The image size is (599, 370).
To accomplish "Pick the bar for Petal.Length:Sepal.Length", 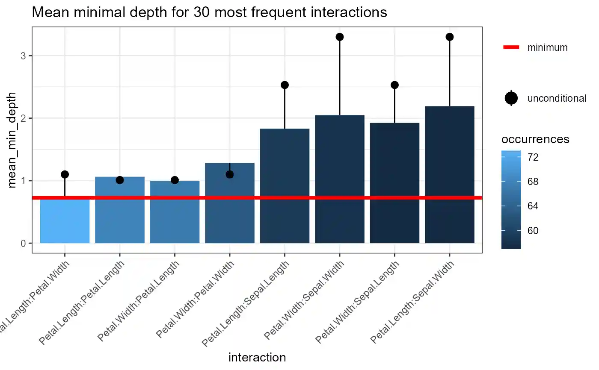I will pos(285,185).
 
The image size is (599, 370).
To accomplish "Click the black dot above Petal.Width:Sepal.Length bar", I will pos(394,85).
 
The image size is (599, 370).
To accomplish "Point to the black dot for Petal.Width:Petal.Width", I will pos(230,174).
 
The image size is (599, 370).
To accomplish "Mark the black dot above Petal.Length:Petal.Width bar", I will pos(65,174).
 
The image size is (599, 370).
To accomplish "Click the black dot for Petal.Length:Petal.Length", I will pos(120,180).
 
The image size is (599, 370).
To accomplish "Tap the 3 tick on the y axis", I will pos(24,56).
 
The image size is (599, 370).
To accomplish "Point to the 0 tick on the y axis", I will pos(24,244).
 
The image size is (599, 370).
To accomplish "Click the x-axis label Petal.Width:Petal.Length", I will pos(139,300).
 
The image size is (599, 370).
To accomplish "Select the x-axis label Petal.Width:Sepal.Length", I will pos(358,301).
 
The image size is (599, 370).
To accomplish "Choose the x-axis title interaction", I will pos(257,358).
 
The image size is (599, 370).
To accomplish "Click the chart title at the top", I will pos(209,13).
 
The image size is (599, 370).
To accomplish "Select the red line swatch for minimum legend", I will pos(511,47).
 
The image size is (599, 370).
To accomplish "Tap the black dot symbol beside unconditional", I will pos(511,98).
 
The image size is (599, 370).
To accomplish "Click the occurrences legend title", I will pos(535,139).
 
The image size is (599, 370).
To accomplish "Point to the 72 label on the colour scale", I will pos(533,158).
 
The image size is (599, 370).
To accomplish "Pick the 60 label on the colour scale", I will pos(533,231).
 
